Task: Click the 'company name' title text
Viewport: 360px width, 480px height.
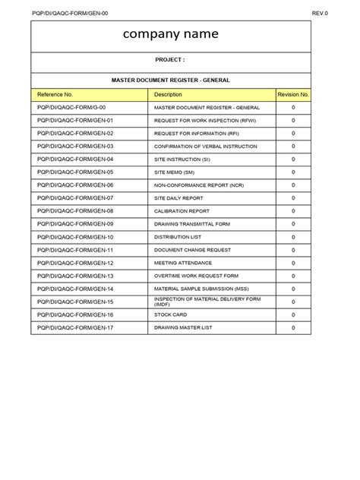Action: [170, 34]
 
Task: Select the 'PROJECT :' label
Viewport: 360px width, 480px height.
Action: [170, 59]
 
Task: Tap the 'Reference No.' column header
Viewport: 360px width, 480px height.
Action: [55, 94]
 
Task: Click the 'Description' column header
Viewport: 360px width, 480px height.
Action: [168, 94]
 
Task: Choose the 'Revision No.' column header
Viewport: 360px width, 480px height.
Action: [293, 94]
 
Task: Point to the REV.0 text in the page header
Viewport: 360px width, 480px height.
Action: [320, 13]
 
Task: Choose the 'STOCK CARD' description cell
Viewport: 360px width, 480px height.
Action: [172, 315]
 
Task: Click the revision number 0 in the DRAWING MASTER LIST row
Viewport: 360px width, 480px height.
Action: [293, 328]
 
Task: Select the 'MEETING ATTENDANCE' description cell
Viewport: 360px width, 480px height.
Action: [183, 263]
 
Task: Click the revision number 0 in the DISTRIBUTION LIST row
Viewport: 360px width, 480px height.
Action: [293, 237]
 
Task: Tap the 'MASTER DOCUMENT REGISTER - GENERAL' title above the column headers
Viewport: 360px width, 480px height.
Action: [170, 80]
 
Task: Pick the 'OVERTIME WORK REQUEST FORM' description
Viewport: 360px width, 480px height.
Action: [196, 276]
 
